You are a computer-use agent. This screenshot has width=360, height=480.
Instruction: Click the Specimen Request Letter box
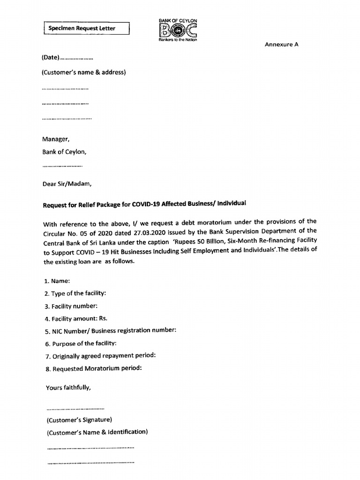(x=86, y=29)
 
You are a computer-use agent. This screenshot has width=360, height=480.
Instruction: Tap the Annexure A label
(x=282, y=45)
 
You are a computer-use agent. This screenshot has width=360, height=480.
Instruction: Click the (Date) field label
(x=51, y=58)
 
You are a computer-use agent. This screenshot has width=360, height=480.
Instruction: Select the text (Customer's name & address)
(x=84, y=72)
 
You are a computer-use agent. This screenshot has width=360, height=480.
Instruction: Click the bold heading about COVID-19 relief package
(x=144, y=204)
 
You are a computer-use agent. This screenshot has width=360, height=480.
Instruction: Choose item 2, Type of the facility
(x=75, y=293)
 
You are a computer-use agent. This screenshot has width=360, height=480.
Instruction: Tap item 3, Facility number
(x=71, y=306)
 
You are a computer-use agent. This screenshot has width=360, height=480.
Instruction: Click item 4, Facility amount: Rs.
(x=73, y=318)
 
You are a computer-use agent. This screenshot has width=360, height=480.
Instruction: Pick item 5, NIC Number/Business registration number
(x=111, y=330)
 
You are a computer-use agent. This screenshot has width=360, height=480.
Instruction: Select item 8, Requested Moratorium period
(x=93, y=368)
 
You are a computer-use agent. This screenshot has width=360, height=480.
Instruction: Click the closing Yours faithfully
(x=68, y=388)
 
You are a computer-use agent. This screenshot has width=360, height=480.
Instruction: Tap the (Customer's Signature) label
(x=79, y=420)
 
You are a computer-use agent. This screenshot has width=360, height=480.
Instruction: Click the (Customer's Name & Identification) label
(x=97, y=432)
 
